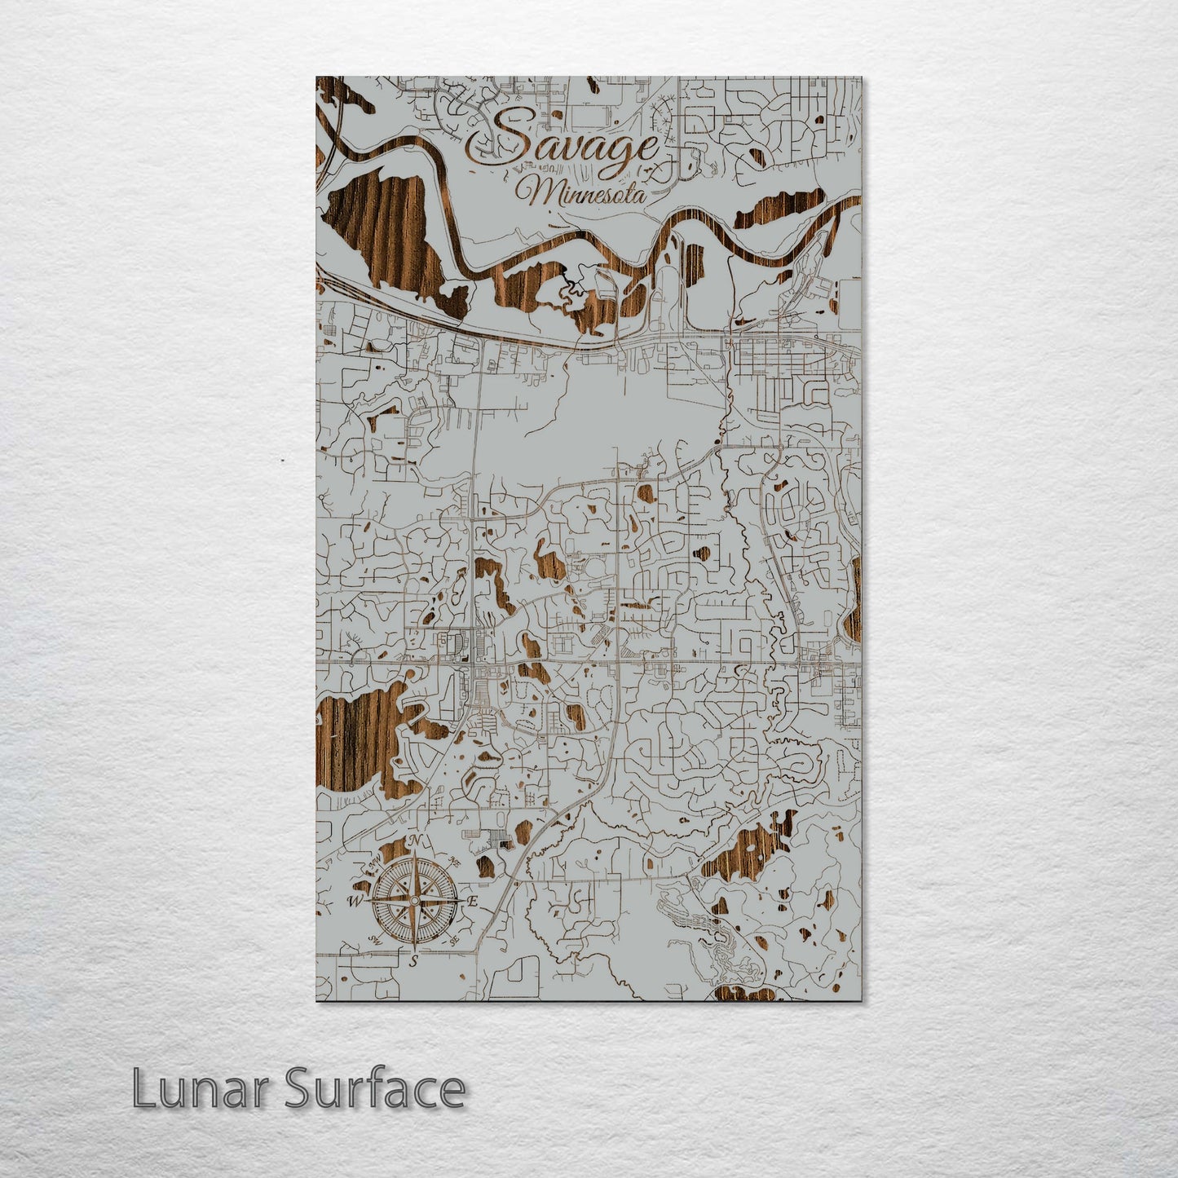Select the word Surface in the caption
pos(374,1089)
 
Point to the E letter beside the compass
pos(472,901)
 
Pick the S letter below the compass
pos(414,961)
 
